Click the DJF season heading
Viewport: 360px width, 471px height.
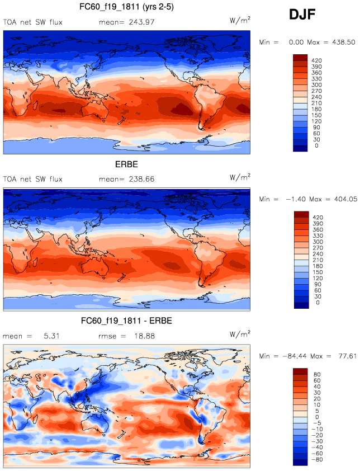tap(302, 15)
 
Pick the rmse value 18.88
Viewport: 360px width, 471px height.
tap(141, 336)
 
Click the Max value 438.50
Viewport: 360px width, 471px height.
tap(344, 42)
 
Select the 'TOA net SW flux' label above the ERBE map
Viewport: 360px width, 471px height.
tap(32, 180)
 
